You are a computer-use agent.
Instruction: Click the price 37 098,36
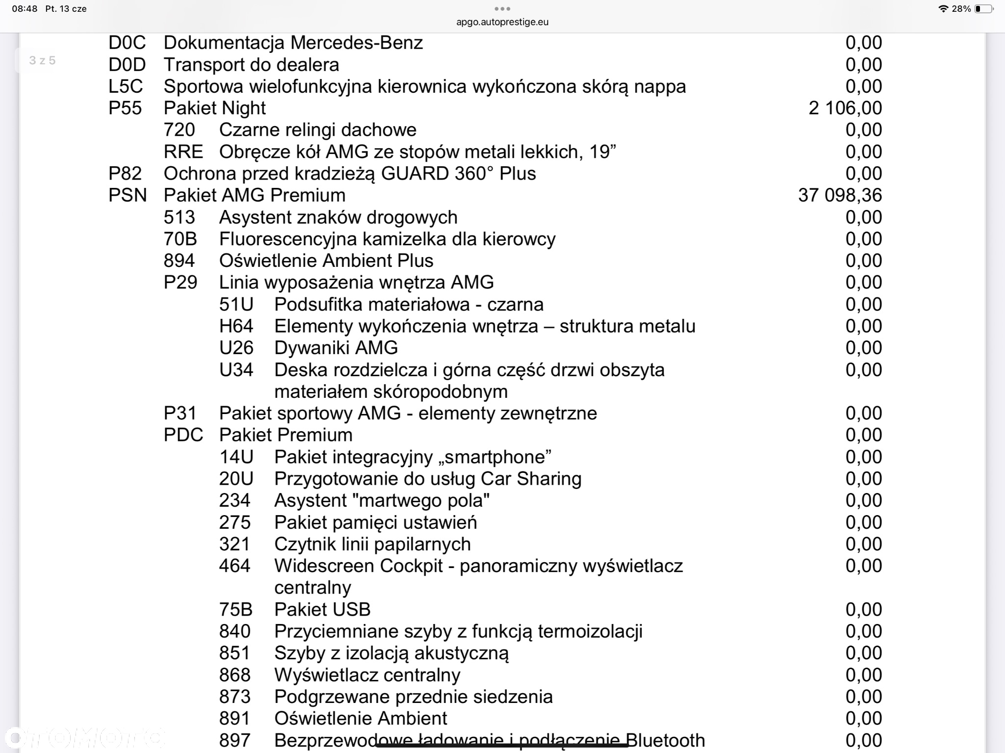(x=840, y=195)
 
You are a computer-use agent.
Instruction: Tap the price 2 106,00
(x=845, y=108)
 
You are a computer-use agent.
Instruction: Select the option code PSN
(x=128, y=195)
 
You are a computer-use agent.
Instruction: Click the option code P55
(x=125, y=108)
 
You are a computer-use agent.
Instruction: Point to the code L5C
(x=126, y=86)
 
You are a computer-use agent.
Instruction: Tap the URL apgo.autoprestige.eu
(x=502, y=22)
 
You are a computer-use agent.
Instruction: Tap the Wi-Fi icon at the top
(x=943, y=9)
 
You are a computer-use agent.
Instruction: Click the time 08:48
(x=25, y=9)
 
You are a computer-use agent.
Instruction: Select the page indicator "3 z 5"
(x=42, y=60)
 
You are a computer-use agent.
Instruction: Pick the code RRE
(x=183, y=152)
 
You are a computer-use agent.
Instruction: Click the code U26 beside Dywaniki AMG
(x=236, y=348)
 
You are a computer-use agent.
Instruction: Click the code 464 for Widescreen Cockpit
(x=235, y=566)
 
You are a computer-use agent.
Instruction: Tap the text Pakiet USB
(x=322, y=609)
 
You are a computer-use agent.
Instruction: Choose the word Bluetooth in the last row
(x=665, y=740)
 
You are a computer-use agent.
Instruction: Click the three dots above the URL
(x=502, y=8)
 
